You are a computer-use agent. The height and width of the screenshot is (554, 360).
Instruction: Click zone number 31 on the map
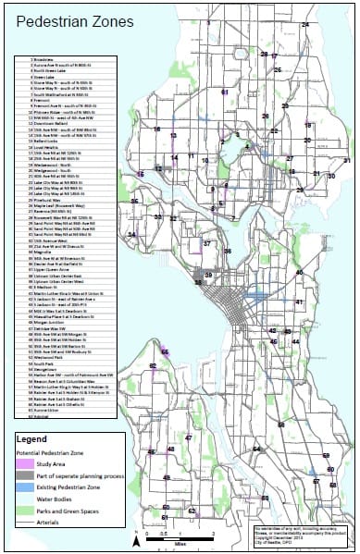pyautogui.click(x=347, y=161)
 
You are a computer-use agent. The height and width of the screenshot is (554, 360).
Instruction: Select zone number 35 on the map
pyautogui.click(x=135, y=201)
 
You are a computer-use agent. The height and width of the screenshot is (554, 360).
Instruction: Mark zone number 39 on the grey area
pyautogui.click(x=208, y=276)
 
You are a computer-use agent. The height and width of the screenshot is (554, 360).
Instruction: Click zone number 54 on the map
pyautogui.click(x=256, y=449)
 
